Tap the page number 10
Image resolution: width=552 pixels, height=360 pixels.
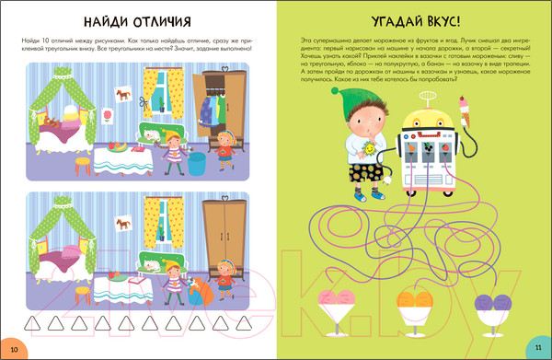[14, 347]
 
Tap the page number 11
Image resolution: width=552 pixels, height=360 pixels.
[538, 347]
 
